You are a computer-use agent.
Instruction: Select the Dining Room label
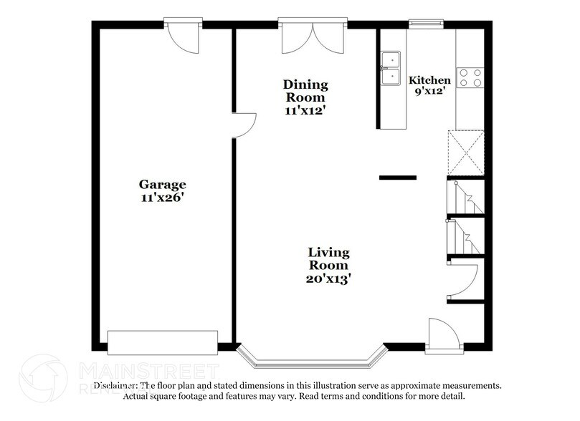point(305,90)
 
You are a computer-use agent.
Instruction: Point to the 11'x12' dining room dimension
point(305,110)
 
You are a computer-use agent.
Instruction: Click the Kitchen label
point(429,80)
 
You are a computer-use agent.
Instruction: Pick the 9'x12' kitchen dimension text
point(429,92)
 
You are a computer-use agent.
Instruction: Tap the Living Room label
point(328,258)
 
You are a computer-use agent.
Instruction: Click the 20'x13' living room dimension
point(328,279)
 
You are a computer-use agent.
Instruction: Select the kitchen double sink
point(391,68)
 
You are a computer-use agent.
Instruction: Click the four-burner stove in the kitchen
point(470,77)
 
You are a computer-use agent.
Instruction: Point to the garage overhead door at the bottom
point(162,342)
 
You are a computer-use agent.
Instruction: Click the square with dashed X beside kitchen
point(465,152)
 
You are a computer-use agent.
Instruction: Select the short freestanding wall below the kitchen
point(397,177)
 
